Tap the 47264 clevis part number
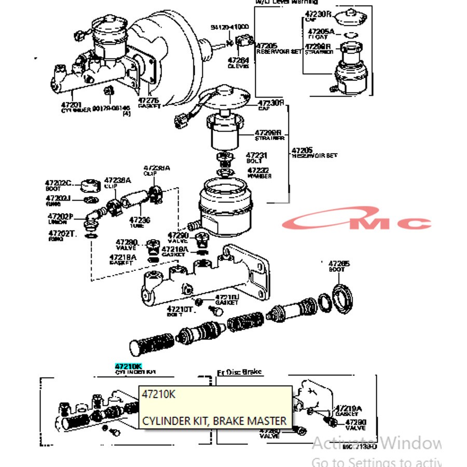238,61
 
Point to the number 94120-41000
229,27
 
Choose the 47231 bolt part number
256,155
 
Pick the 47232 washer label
258,170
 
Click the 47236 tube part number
140,220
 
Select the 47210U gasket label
227,297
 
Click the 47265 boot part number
339,264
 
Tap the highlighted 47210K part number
128,366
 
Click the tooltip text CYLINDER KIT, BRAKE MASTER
214,420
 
